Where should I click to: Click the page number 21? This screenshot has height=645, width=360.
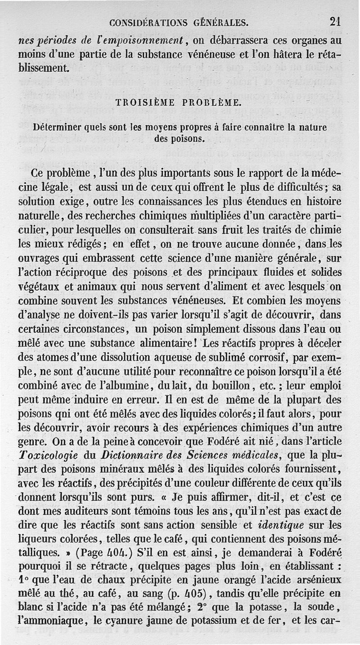point(335,21)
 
